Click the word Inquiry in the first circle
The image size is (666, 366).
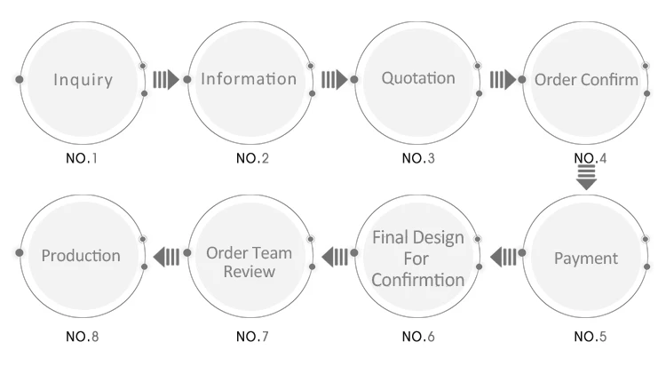point(83,80)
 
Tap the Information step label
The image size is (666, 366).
point(249,79)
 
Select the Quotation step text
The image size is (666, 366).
point(418,78)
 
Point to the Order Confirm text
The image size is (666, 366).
point(586,79)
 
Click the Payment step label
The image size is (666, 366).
point(586,259)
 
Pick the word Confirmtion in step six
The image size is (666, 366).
point(418,280)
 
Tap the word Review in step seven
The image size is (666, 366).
point(250,272)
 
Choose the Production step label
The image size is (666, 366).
point(81,256)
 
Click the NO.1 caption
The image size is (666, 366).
point(82,158)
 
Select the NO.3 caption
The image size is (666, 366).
point(418,158)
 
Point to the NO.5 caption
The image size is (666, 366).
point(590,337)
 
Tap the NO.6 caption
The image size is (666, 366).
point(418,337)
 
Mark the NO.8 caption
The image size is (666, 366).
point(82,337)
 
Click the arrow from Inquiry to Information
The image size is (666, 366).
point(166,79)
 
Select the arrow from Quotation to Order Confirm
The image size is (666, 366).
point(503,79)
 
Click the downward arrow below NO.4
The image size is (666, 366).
point(587,178)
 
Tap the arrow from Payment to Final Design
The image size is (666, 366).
point(503,257)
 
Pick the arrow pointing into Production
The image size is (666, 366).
point(166,257)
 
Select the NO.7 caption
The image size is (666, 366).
point(252,337)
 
